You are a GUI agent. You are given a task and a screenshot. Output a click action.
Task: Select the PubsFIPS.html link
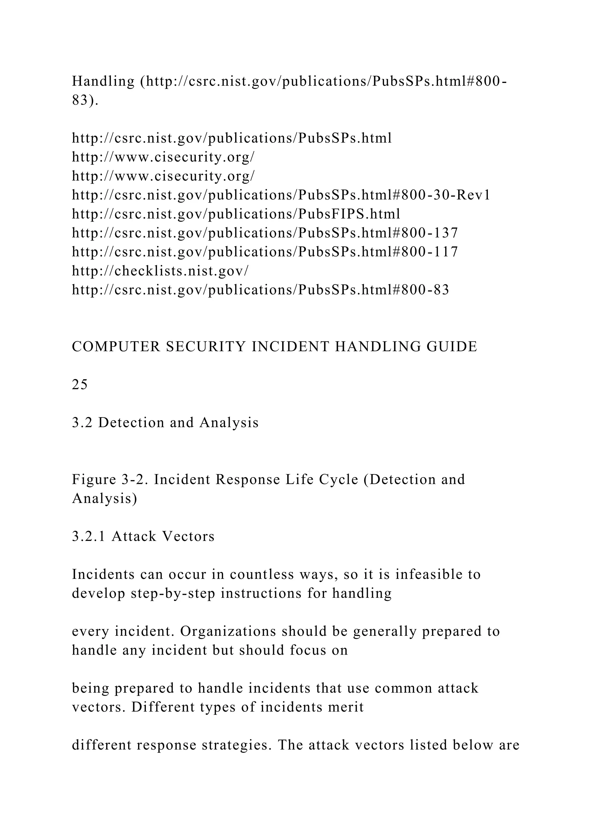pyautogui.click(x=236, y=214)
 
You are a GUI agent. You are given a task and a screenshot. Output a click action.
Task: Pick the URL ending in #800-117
pyautogui.click(x=265, y=252)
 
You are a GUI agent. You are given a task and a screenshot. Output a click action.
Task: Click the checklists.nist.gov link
pyautogui.click(x=160, y=271)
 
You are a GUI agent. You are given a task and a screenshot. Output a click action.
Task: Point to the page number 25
pyautogui.click(x=80, y=385)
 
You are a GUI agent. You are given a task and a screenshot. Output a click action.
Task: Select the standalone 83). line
pyautogui.click(x=85, y=100)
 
